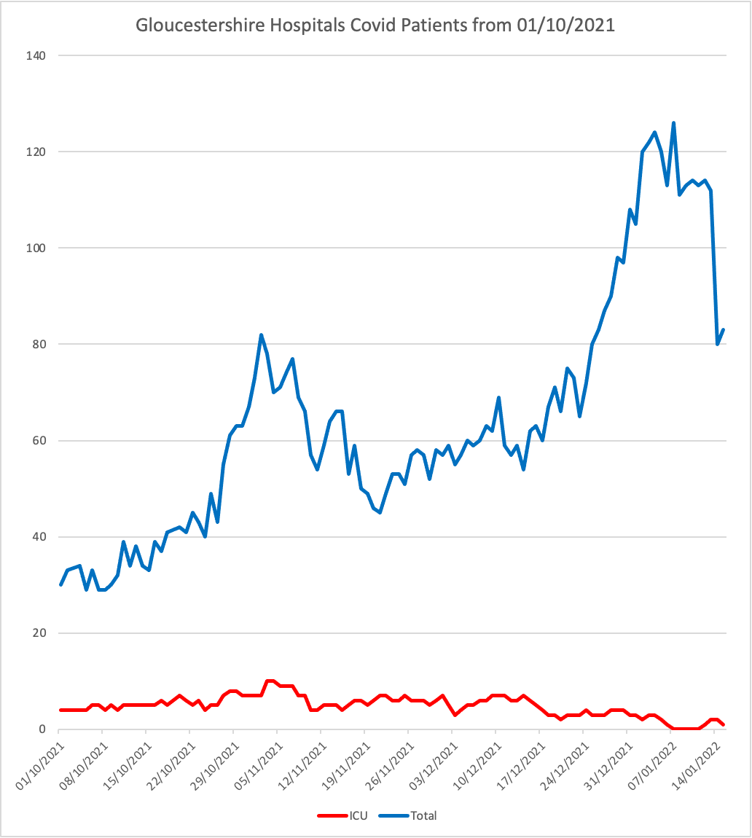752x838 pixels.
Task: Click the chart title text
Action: tap(375, 26)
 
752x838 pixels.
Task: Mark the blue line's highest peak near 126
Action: tap(673, 123)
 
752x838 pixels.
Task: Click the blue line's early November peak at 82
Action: tap(261, 335)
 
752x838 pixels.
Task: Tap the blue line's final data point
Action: tap(723, 330)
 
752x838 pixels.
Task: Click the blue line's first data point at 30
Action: tap(60, 584)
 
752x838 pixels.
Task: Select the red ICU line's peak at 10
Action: tap(270, 681)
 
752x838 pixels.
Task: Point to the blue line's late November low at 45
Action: tap(380, 512)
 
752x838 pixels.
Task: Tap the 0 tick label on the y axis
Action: tap(42, 729)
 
